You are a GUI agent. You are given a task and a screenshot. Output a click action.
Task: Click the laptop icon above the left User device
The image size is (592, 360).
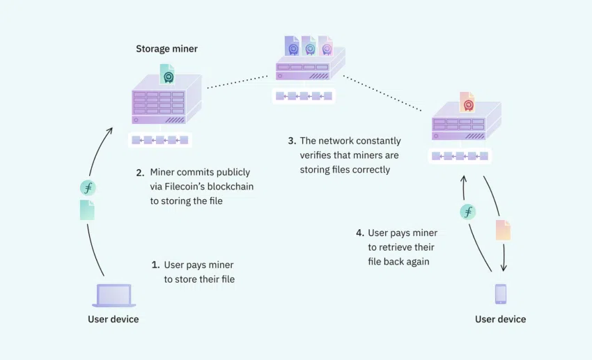coord(114,295)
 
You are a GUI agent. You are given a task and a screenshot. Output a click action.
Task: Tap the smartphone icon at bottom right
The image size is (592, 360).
coord(500,294)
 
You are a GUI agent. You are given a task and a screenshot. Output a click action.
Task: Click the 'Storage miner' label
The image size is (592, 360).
coord(166,49)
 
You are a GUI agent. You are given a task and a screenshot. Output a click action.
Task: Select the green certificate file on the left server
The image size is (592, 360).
coord(166,74)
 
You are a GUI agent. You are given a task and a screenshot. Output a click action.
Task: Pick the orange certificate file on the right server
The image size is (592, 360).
coord(467,102)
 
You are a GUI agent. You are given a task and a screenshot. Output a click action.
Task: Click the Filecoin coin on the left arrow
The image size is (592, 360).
coord(88,188)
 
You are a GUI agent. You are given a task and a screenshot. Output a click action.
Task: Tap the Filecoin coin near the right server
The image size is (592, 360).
coord(468,212)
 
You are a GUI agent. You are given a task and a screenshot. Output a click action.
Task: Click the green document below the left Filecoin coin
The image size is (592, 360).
coord(87,210)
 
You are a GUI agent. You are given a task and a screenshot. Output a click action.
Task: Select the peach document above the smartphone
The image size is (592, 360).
coord(503,230)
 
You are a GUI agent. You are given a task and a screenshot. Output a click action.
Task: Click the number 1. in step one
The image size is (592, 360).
coord(155,265)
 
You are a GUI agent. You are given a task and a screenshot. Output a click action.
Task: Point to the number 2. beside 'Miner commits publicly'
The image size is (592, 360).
coord(139,172)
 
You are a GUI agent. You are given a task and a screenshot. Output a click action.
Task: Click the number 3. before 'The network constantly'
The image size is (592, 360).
coord(292,141)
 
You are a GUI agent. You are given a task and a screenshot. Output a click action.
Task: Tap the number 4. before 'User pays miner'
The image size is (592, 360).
coord(359,233)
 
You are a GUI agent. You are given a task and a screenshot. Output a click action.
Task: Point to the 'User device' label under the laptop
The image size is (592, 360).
coord(113,319)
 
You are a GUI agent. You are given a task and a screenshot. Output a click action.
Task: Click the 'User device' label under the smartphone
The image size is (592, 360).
coord(500,319)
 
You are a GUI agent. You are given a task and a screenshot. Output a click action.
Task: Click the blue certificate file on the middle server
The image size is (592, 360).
coord(291,46)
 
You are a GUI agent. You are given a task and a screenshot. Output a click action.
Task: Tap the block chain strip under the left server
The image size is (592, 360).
coord(159,140)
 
